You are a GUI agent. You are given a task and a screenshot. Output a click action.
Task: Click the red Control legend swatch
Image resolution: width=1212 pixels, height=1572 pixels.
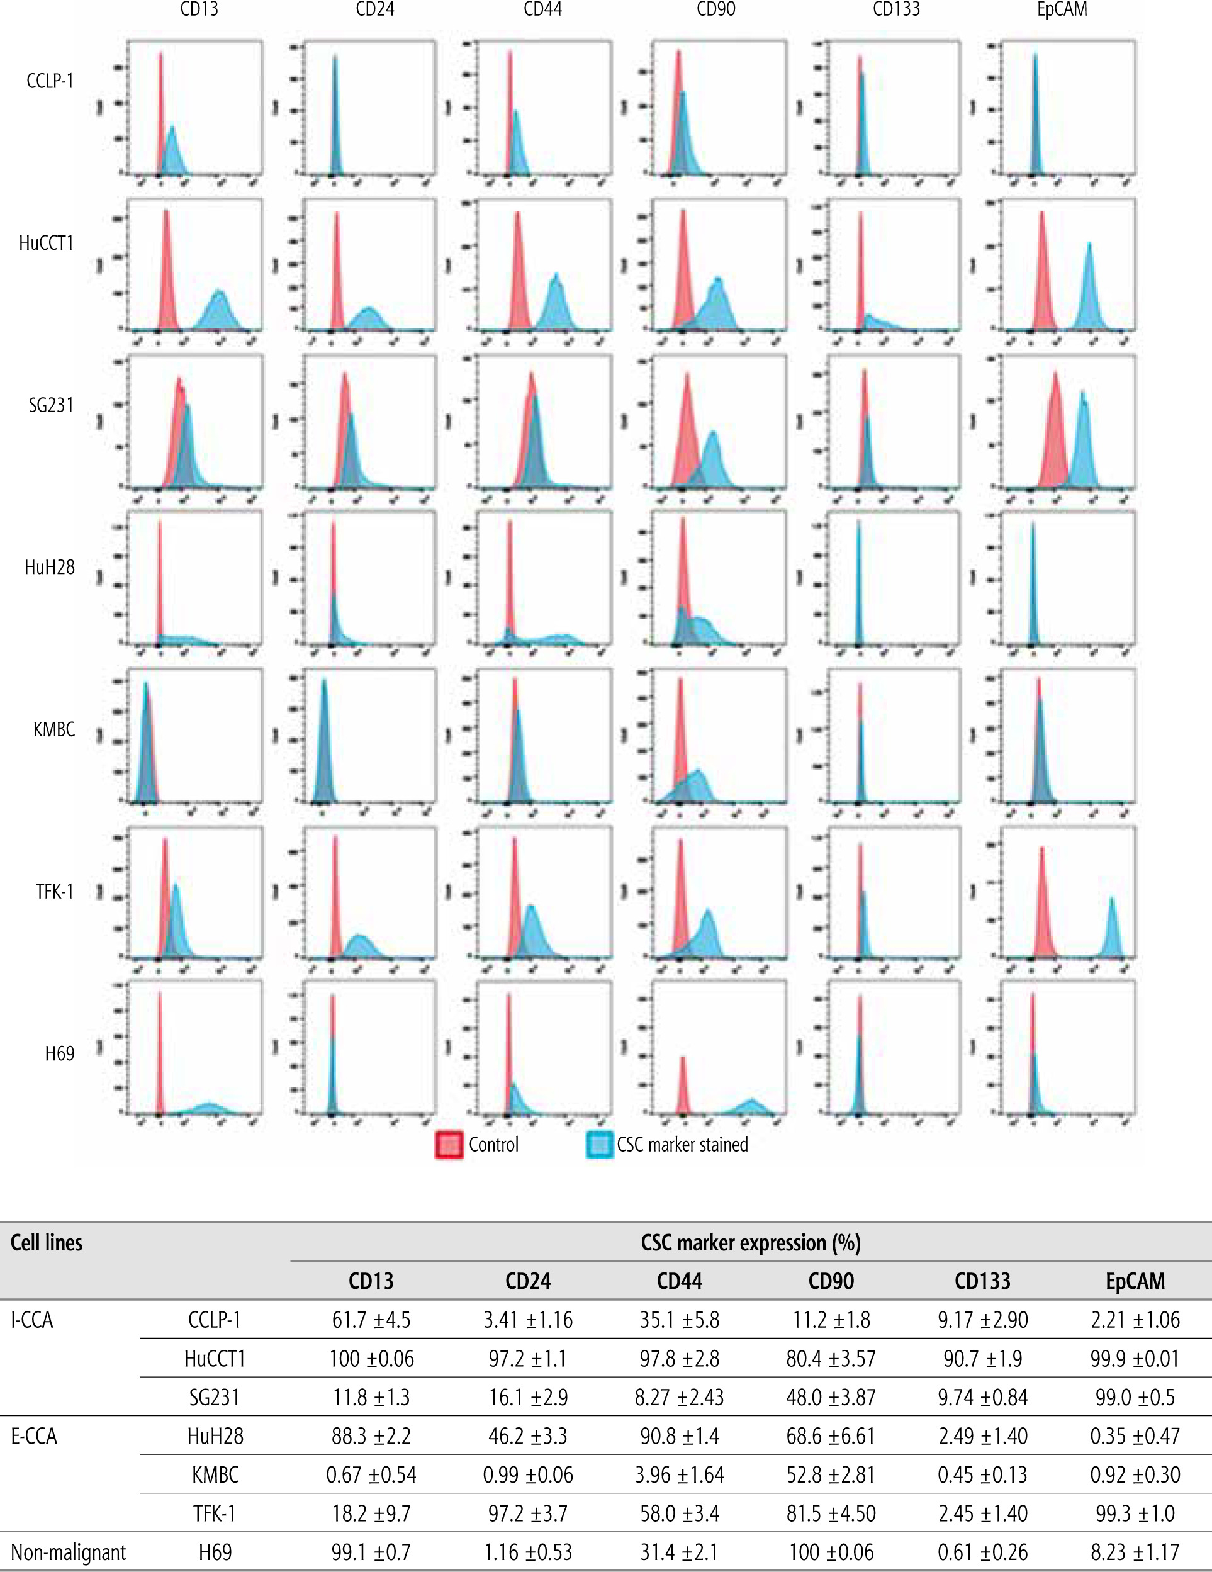pyautogui.click(x=449, y=1145)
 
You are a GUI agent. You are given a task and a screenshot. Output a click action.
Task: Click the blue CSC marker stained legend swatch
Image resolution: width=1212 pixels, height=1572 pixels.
pyautogui.click(x=599, y=1145)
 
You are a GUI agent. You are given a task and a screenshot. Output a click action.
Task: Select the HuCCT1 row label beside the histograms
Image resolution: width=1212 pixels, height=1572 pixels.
pyautogui.click(x=47, y=244)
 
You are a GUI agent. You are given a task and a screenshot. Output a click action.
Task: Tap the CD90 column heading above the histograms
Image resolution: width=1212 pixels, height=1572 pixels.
pyautogui.click(x=715, y=9)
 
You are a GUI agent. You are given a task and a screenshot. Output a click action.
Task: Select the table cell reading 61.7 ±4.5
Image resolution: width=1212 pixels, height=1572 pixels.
pyautogui.click(x=371, y=1320)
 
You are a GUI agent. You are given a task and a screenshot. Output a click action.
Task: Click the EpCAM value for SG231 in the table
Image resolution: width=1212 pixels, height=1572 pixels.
pyautogui.click(x=1135, y=1397)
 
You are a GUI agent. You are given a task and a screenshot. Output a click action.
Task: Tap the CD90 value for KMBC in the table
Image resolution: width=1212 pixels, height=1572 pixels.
pyautogui.click(x=831, y=1475)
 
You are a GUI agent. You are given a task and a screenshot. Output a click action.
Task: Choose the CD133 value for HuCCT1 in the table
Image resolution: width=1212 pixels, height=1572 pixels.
pyautogui.click(x=982, y=1358)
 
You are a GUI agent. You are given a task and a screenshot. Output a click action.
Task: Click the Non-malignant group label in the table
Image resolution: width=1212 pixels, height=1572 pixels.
pyautogui.click(x=69, y=1552)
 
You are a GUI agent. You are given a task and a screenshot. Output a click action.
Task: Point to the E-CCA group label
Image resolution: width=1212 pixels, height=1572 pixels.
pyautogui.click(x=34, y=1436)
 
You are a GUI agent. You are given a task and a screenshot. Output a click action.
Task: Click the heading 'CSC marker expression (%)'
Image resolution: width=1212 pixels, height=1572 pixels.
pyautogui.click(x=750, y=1243)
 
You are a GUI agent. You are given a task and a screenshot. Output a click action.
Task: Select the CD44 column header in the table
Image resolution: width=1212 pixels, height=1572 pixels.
pyautogui.click(x=680, y=1281)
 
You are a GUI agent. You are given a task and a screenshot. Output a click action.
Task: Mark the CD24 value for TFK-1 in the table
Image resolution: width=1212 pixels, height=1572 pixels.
pyautogui.click(x=527, y=1513)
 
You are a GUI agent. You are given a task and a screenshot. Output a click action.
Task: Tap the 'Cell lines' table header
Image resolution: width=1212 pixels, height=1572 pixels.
pyautogui.click(x=47, y=1243)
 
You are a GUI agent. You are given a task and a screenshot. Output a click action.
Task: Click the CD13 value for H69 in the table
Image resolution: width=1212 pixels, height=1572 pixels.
pyautogui.click(x=371, y=1552)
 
